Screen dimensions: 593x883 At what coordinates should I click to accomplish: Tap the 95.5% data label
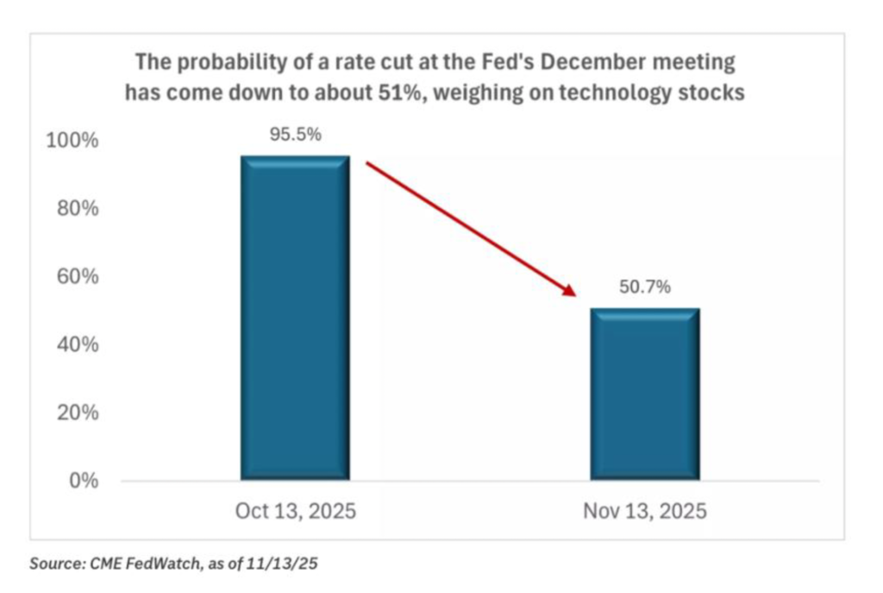click(295, 135)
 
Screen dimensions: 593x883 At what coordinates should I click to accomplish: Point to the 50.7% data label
click(644, 287)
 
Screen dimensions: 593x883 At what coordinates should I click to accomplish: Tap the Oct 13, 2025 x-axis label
click(295, 511)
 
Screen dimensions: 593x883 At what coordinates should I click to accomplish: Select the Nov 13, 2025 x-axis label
click(644, 511)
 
